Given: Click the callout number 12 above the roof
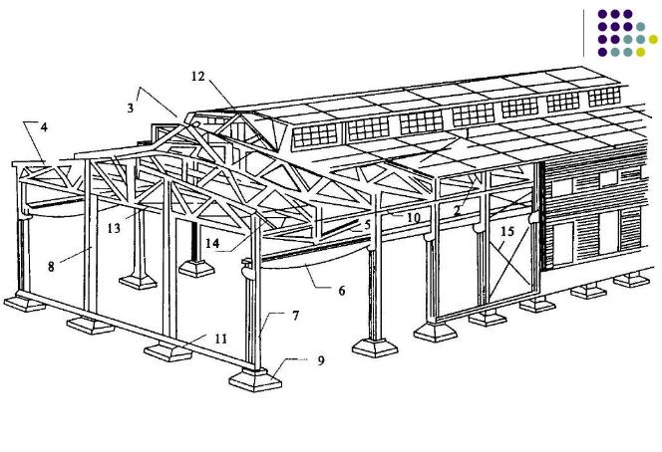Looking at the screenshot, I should click(197, 76).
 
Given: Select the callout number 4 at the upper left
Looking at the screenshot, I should click(44, 126).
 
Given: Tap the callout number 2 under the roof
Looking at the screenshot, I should click(457, 211).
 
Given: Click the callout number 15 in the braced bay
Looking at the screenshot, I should click(507, 233).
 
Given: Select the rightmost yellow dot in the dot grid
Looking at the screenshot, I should click(654, 40).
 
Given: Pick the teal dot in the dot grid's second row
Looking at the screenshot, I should click(641, 27).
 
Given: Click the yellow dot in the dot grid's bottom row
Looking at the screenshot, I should click(641, 52).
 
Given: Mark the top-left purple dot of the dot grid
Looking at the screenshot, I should click(603, 15).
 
